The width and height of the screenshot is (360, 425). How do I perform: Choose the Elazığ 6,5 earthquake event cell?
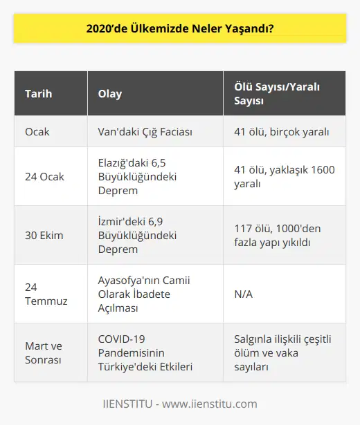point(139,176)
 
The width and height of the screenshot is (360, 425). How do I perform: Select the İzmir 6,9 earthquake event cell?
point(139,236)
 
